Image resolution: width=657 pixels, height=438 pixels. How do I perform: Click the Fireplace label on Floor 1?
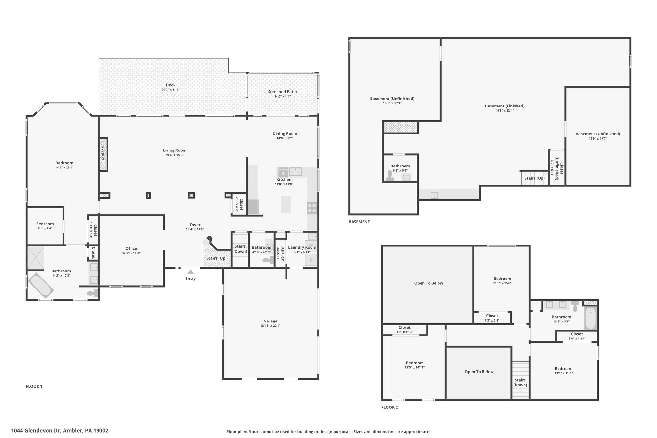(103, 155)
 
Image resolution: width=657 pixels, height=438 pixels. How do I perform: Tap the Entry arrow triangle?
(191, 271)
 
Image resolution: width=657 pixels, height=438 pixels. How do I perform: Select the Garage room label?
(270, 321)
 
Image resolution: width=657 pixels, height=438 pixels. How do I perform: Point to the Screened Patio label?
(282, 92)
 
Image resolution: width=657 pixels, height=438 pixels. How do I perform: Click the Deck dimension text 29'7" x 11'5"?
(171, 90)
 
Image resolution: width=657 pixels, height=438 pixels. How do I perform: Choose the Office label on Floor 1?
(131, 248)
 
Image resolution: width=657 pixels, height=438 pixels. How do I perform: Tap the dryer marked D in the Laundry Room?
(311, 260)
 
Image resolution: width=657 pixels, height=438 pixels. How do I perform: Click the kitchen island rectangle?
(286, 204)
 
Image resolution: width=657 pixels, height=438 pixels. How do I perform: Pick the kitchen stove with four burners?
(312, 208)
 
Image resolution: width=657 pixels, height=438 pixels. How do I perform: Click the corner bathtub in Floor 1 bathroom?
(41, 285)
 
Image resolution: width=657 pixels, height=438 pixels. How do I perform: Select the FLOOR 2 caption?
(389, 408)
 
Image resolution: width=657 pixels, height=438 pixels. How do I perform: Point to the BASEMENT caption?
(359, 222)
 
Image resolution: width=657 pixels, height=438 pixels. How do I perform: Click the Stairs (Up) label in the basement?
(534, 178)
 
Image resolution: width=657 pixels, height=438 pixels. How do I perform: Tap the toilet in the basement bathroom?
(390, 176)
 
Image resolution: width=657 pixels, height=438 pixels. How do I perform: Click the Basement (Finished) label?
(505, 106)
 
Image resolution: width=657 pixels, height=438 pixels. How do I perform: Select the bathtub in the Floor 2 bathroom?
(591, 318)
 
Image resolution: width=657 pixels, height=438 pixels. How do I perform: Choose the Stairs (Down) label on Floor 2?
(520, 382)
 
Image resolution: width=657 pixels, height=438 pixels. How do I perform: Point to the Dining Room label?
(285, 134)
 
